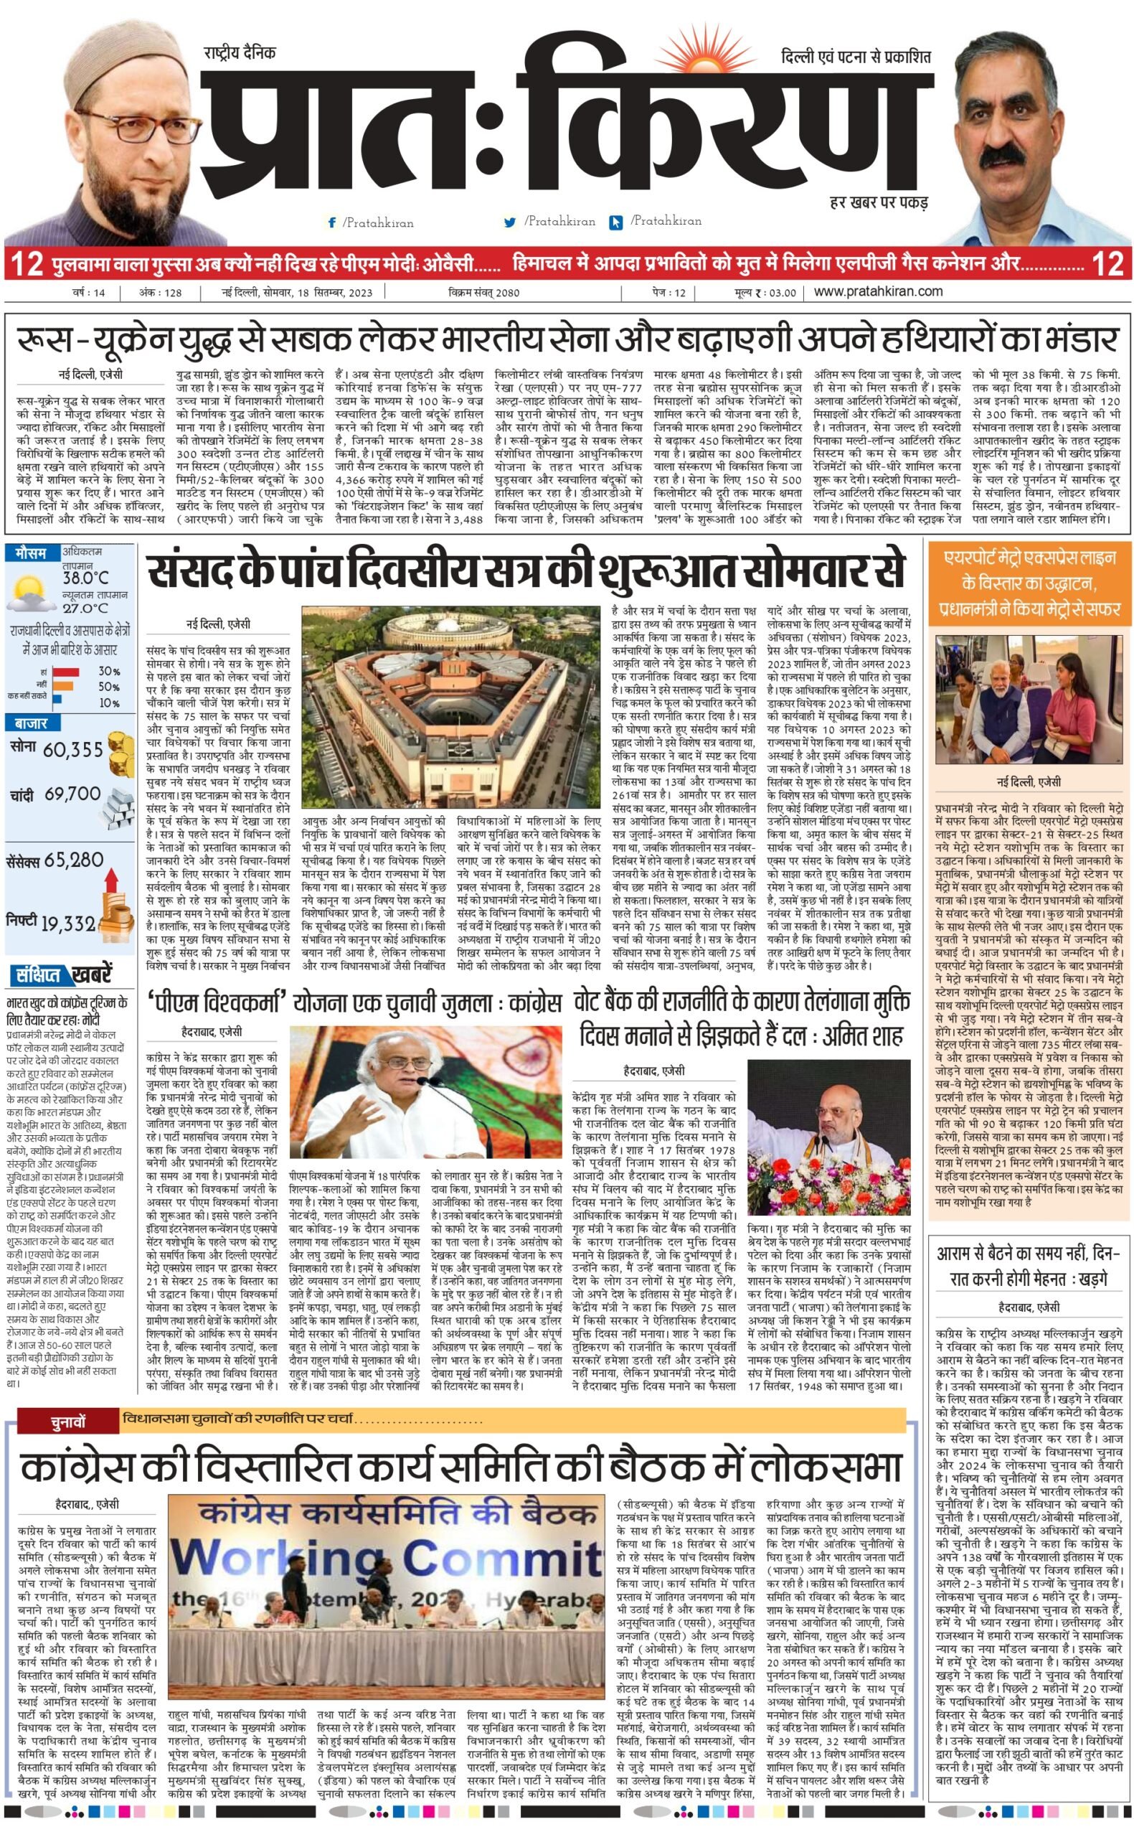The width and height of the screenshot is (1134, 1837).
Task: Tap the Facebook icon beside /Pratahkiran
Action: [331, 222]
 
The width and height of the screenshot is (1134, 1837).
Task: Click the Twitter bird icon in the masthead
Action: [510, 222]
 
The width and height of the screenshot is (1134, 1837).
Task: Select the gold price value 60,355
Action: [72, 750]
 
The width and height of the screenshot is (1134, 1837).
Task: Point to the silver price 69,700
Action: [72, 794]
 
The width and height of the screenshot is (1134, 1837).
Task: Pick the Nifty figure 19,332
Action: [68, 924]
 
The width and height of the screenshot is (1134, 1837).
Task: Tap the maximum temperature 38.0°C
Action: [85, 578]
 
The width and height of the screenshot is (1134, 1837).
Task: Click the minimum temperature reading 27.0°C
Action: [85, 609]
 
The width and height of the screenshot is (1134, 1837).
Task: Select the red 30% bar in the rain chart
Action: [65, 672]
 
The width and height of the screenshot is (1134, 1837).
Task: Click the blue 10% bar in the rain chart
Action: [57, 703]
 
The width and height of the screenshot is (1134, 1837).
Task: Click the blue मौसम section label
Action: [31, 553]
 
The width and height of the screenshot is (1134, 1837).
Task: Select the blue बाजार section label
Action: [30, 724]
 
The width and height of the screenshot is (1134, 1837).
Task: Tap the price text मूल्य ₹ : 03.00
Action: [766, 292]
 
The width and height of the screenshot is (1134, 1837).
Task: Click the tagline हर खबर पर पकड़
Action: [879, 202]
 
